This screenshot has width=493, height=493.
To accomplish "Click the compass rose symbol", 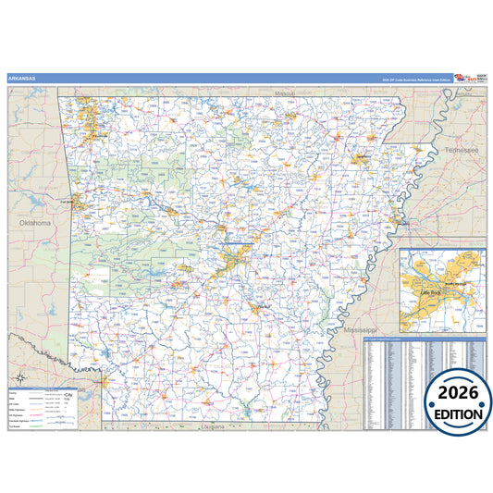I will click(18, 379).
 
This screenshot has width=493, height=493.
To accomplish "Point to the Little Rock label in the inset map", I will click(433, 291).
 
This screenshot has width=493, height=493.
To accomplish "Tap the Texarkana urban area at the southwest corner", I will click(103, 380).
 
